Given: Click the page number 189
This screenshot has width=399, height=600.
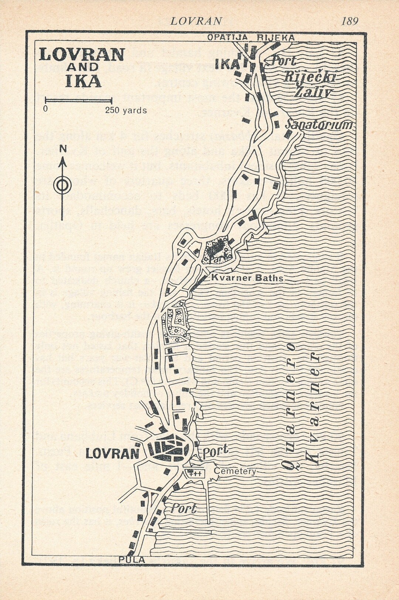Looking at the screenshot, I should pyautogui.click(x=349, y=21).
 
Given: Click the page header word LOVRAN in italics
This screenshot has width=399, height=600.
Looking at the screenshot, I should pyautogui.click(x=196, y=21).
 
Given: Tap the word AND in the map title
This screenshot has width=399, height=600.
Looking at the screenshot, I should pyautogui.click(x=83, y=67).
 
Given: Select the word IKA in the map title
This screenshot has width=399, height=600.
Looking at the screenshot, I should pyautogui.click(x=83, y=81).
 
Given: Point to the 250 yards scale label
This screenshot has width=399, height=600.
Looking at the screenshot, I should pyautogui.click(x=126, y=110).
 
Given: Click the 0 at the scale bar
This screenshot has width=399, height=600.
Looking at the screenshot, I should pyautogui.click(x=45, y=109).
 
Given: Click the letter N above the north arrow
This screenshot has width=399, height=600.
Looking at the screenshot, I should pyautogui.click(x=63, y=149).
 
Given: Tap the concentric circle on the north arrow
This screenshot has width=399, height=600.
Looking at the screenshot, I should pyautogui.click(x=62, y=185).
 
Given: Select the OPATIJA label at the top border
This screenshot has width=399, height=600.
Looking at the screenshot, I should pyautogui.click(x=227, y=37).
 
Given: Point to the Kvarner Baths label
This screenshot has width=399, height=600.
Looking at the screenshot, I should pyautogui.click(x=247, y=278).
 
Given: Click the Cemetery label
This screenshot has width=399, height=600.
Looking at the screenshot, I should pyautogui.click(x=235, y=471).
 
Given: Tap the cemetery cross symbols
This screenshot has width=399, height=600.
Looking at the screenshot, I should pyautogui.click(x=194, y=473).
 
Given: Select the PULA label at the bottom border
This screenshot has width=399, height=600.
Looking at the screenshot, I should pyautogui.click(x=132, y=560).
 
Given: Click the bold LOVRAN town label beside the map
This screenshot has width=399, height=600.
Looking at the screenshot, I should pyautogui.click(x=112, y=453).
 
